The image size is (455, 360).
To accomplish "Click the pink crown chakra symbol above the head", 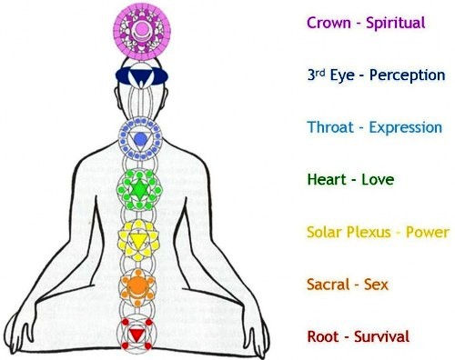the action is point(142,31).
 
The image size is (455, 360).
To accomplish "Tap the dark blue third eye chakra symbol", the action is point(142,75).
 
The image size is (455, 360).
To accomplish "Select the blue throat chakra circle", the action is point(140,139).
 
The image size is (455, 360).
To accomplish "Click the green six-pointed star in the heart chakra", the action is point(139,189).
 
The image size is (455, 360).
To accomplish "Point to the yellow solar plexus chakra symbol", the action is point(138,240).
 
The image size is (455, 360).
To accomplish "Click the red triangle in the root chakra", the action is point(137,335).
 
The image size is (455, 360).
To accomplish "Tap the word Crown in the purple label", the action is point(329,23).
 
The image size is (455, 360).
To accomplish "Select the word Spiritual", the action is point(396,24).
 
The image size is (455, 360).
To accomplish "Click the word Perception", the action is point(407,75).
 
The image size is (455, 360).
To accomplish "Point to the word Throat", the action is point(330,127).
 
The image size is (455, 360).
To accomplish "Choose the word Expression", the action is point(406,128).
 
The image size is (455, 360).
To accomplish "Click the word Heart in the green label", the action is point(327,179).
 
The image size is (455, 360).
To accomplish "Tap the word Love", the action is point(378,180).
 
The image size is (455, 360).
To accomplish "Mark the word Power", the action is point(428,233).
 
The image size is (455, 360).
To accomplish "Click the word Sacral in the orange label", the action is point(328,285).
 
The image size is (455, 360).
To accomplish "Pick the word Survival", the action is point(382,337).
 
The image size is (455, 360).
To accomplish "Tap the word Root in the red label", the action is point(323,337).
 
